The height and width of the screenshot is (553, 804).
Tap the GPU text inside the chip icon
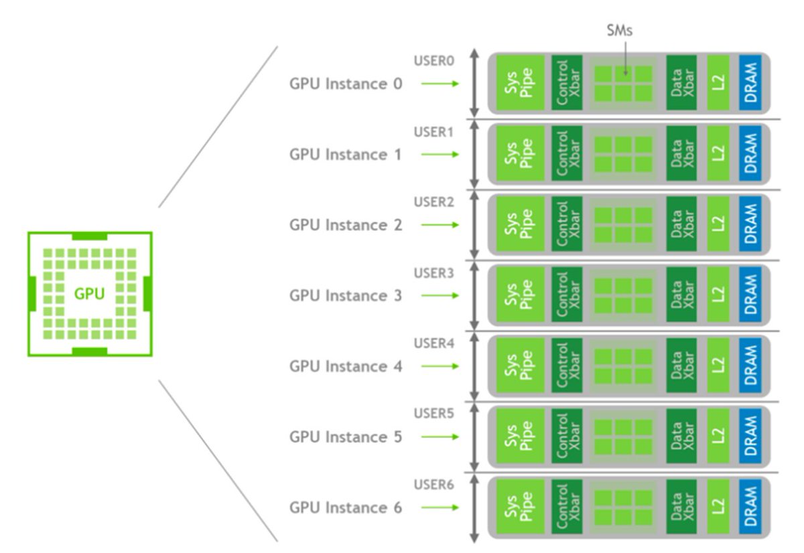[89, 293]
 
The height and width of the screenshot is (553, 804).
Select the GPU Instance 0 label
[346, 84]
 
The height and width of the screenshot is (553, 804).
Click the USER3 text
[433, 272]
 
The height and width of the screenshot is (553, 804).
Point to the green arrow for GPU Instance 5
[440, 437]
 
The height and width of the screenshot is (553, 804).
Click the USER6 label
[433, 484]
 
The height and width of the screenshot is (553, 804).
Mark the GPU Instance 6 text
[346, 507]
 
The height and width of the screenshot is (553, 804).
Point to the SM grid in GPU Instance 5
[624, 437]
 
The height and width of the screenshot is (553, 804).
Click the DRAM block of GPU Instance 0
[751, 84]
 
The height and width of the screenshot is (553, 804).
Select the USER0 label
[433, 61]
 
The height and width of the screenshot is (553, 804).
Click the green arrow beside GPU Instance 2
[440, 225]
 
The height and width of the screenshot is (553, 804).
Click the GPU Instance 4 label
[346, 366]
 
